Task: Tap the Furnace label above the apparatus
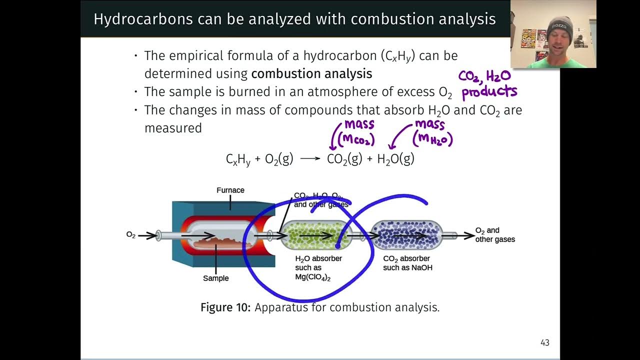pos(230,190)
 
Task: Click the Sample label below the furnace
pos(216,278)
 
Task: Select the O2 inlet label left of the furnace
pos(131,235)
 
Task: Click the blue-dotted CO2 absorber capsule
pos(406,235)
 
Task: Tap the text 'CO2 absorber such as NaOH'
pos(407,263)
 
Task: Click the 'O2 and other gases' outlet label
pos(494,235)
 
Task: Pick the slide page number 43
pos(545,342)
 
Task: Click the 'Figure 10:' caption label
pos(225,307)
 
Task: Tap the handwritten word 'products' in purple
pos(488,92)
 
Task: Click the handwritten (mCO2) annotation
pos(356,140)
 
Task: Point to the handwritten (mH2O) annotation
pos(432,139)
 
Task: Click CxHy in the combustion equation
pos(238,159)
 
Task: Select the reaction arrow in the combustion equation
pos(310,158)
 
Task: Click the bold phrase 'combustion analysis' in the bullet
pos(311,74)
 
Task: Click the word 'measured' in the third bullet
pos(173,128)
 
